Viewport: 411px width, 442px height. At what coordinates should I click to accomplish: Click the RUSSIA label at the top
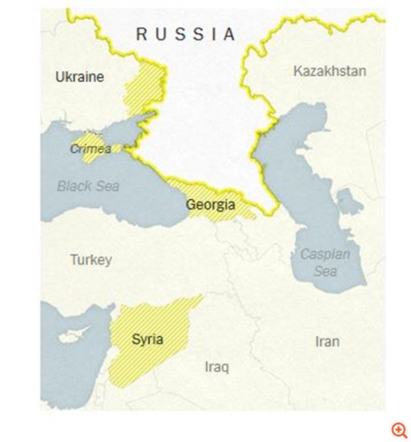(186, 34)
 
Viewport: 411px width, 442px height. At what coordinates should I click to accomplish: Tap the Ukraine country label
(80, 77)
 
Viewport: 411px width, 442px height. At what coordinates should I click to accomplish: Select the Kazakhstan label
(330, 71)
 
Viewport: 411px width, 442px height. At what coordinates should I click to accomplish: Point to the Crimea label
(90, 149)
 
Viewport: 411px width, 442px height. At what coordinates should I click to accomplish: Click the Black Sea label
(88, 185)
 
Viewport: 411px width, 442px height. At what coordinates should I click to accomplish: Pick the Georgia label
(210, 205)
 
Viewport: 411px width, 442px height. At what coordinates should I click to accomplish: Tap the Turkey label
(91, 259)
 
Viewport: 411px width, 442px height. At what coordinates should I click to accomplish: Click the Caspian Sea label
(325, 262)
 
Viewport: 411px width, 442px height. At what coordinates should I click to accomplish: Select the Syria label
(148, 339)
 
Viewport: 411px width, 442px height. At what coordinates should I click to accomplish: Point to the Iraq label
(217, 367)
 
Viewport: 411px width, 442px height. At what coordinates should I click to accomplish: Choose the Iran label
(327, 341)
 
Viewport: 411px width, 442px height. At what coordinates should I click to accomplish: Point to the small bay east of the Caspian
(349, 200)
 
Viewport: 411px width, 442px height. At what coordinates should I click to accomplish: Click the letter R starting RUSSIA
(141, 34)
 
